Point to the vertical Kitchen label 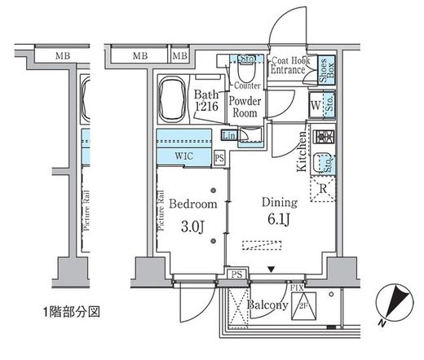pyautogui.click(x=301, y=152)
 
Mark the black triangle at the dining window pyautogui.click(x=272, y=268)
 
